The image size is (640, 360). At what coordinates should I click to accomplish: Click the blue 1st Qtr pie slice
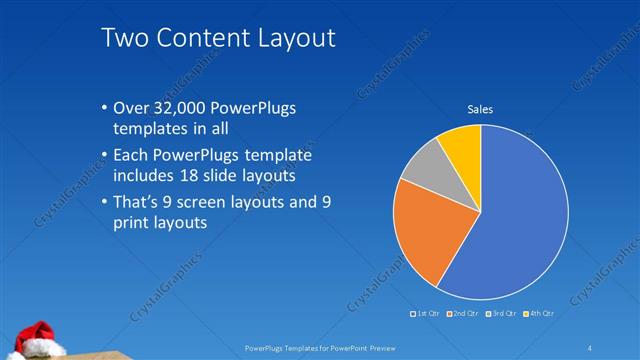pyautogui.click(x=520, y=220)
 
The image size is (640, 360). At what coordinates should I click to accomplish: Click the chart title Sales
pyautogui.click(x=481, y=109)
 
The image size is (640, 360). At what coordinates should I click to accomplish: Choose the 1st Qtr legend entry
pyautogui.click(x=427, y=314)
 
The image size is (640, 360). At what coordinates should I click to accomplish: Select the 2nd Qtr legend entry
pyautogui.click(x=465, y=314)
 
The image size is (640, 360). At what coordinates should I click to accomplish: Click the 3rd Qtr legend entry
pyautogui.click(x=502, y=314)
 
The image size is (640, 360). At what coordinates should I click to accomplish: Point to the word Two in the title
pyautogui.click(x=124, y=38)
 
